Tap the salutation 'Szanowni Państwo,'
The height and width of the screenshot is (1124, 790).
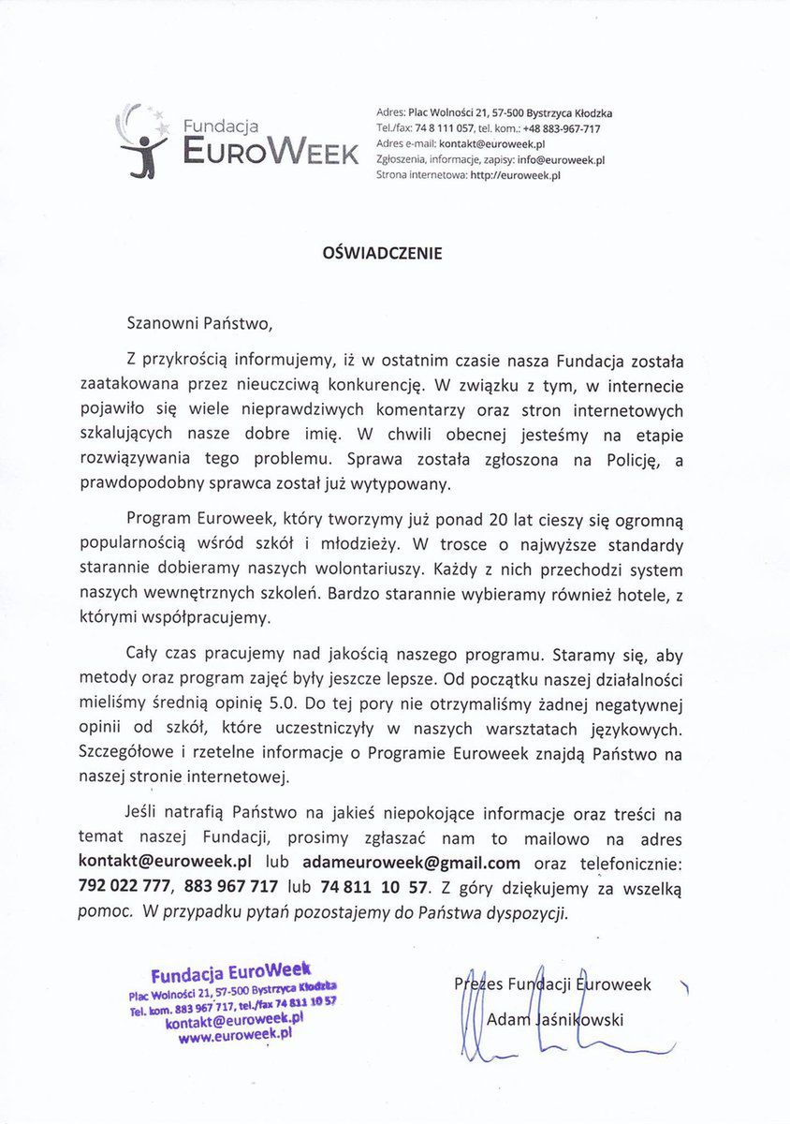(x=199, y=325)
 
